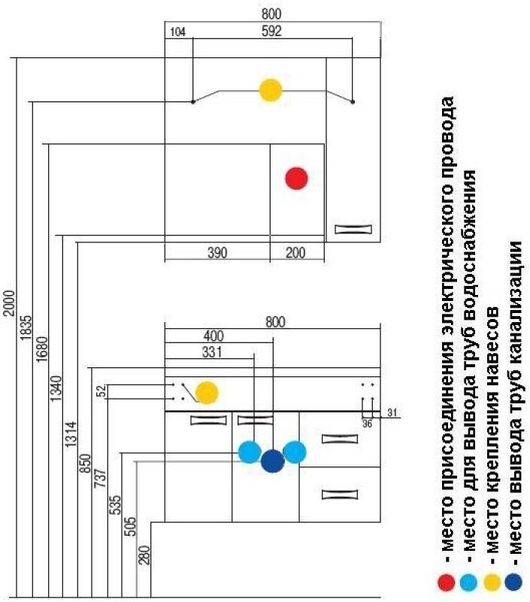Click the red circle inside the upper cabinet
[297, 178]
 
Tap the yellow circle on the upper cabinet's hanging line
[270, 90]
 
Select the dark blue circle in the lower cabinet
[272, 461]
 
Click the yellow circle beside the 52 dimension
[207, 392]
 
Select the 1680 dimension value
[42, 354]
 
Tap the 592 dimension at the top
[271, 32]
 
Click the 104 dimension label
[178, 32]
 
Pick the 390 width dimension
[217, 252]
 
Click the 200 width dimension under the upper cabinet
[295, 252]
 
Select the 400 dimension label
[214, 336]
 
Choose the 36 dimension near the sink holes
[368, 424]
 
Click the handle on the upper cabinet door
[353, 230]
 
